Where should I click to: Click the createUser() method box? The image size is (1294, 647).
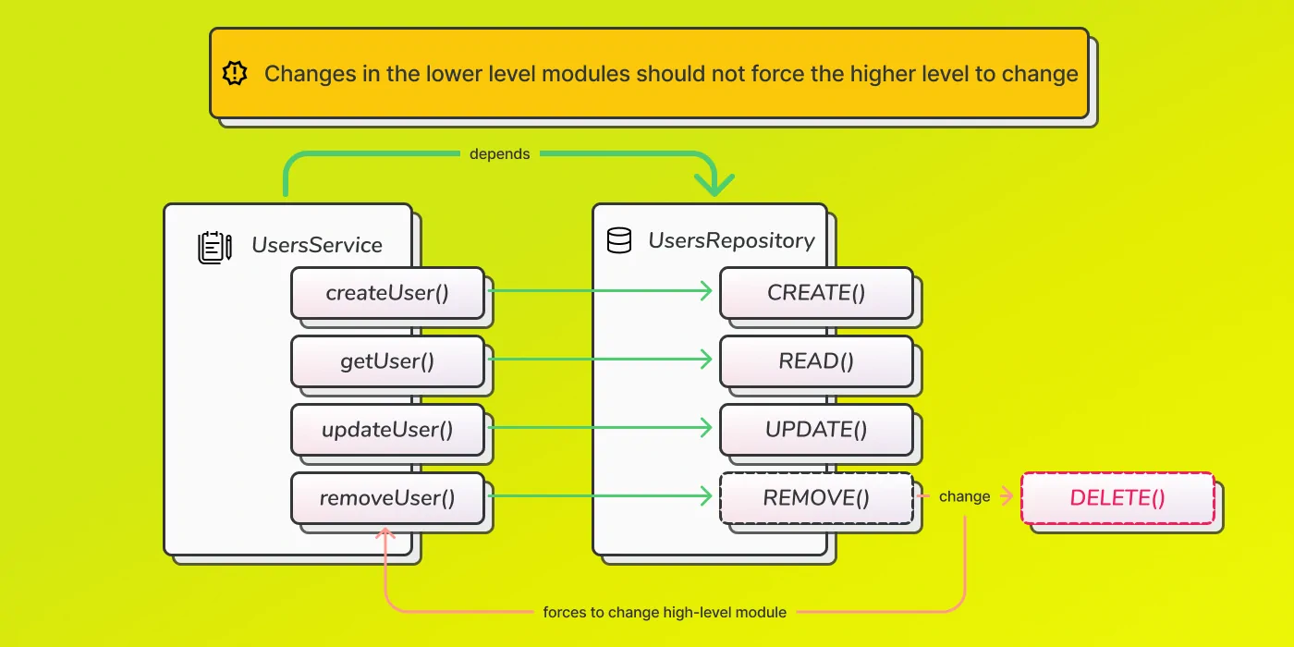387,293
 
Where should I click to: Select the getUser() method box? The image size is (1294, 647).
387,361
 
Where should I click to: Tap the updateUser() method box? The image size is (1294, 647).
387,429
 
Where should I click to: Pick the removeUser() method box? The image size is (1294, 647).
387,498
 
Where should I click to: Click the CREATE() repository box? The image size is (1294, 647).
816,293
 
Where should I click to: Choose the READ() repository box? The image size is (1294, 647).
816,361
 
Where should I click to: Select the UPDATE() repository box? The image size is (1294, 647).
816,429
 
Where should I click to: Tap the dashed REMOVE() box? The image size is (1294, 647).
816,498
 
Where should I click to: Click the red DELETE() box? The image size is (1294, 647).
1117,498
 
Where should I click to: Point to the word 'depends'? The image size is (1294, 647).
500,154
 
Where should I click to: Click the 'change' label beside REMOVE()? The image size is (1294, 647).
964,497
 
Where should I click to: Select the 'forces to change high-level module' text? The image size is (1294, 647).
665,612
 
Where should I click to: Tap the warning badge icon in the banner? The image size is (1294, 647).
235,73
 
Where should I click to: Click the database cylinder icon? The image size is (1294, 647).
619,240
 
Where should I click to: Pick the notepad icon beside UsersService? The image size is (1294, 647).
214,248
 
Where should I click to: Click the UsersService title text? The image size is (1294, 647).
316,246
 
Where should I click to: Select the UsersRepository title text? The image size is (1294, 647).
731,241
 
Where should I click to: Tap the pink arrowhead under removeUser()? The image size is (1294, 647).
385,533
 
